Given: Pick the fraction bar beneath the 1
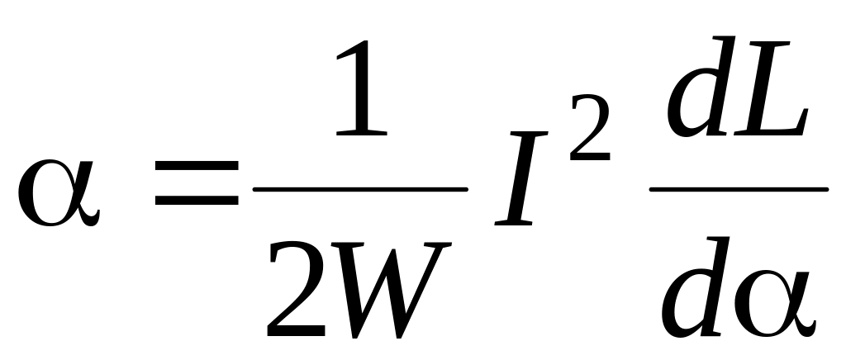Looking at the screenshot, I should [x=360, y=189].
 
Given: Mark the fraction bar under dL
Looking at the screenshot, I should [x=738, y=189].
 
